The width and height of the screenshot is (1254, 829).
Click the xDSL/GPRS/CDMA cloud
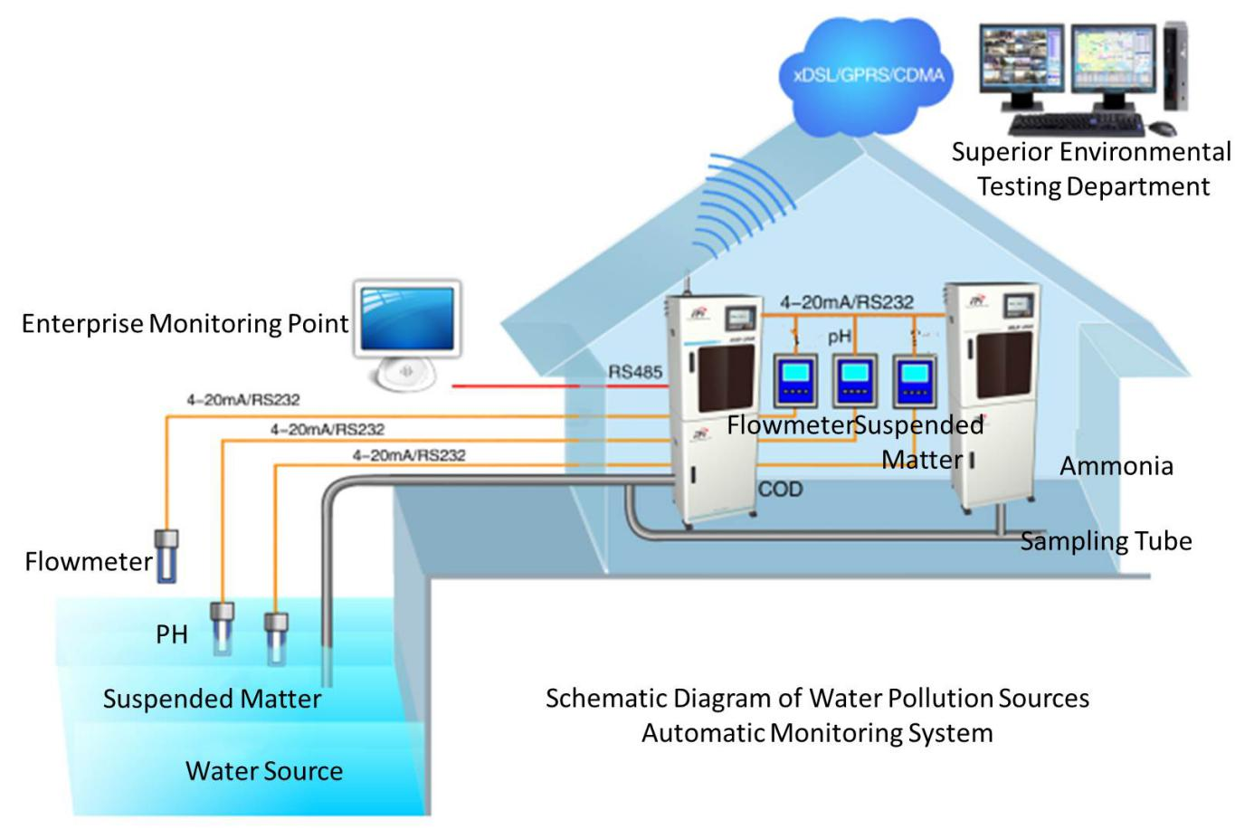867,74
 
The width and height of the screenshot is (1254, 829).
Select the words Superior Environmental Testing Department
1091,169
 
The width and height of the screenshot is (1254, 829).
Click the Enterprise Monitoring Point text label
185,324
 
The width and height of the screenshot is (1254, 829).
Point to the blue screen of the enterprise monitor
407,319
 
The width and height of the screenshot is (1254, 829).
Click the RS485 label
634,372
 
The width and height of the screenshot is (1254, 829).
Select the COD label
780,490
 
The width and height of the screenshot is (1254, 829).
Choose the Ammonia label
1116,466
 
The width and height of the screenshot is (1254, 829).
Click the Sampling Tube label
1106,541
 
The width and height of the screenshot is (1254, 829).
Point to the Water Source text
264,771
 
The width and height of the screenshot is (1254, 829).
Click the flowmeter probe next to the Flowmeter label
166,555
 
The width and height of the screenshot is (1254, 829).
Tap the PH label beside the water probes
172,634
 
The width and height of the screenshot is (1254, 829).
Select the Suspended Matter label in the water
212,699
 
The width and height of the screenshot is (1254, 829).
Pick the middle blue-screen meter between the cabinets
854,381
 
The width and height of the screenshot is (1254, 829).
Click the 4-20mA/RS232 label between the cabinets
846,302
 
